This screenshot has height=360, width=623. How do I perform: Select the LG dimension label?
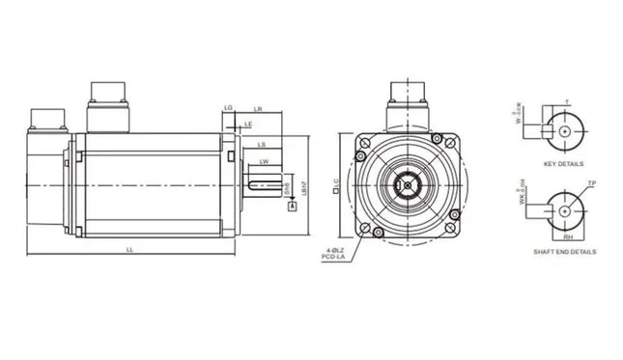227,107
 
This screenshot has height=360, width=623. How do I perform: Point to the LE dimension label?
248,125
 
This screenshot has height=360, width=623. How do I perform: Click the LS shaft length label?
262,145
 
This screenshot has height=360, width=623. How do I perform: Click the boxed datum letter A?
293,207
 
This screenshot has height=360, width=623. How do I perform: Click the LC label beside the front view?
335,181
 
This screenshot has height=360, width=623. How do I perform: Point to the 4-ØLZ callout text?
338,249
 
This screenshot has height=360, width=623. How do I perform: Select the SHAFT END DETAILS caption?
564,251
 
